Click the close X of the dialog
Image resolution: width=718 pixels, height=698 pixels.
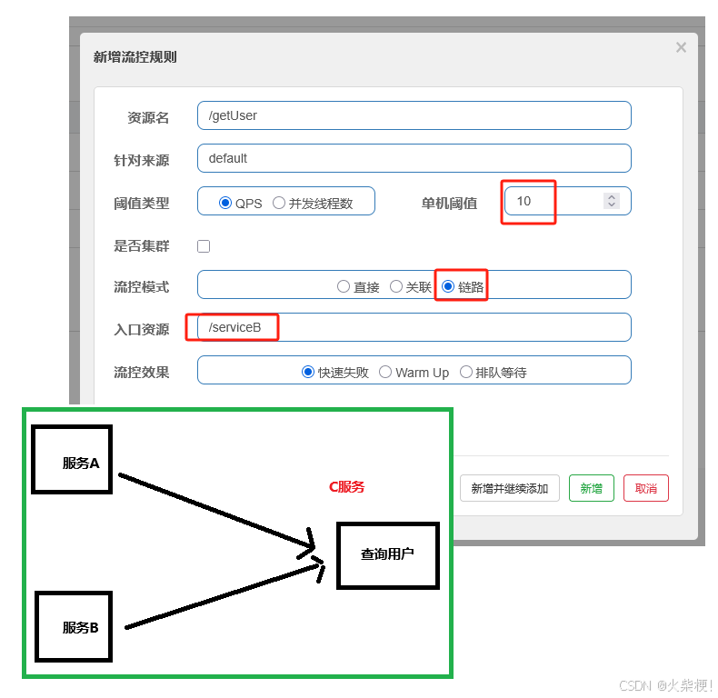coord(681,47)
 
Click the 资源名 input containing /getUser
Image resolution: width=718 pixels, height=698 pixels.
coord(414,115)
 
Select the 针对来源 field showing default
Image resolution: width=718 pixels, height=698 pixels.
coord(414,158)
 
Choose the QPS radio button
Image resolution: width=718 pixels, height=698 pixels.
coord(225,203)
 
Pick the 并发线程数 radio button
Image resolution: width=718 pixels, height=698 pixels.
coord(279,203)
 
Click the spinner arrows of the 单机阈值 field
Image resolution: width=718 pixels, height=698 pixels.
coord(612,201)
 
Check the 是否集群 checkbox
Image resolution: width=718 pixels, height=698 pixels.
coord(204,246)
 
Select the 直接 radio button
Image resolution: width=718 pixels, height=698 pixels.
coord(343,286)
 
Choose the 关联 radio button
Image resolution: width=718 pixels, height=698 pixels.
coord(396,286)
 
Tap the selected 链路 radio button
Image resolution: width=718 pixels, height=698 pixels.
coord(448,286)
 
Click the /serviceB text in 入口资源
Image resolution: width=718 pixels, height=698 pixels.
coord(234,327)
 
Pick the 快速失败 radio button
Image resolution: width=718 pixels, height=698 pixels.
coord(308,372)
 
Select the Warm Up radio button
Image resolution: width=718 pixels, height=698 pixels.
coord(385,372)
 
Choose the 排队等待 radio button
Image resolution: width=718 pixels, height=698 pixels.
coord(466,372)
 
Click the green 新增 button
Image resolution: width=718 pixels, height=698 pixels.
coord(591,488)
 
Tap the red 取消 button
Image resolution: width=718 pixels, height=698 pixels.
coord(645,488)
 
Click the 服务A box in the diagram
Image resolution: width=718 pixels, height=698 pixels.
coord(72,459)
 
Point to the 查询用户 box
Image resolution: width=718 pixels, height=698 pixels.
coord(387,554)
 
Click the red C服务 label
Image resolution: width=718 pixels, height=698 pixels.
coord(346,486)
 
